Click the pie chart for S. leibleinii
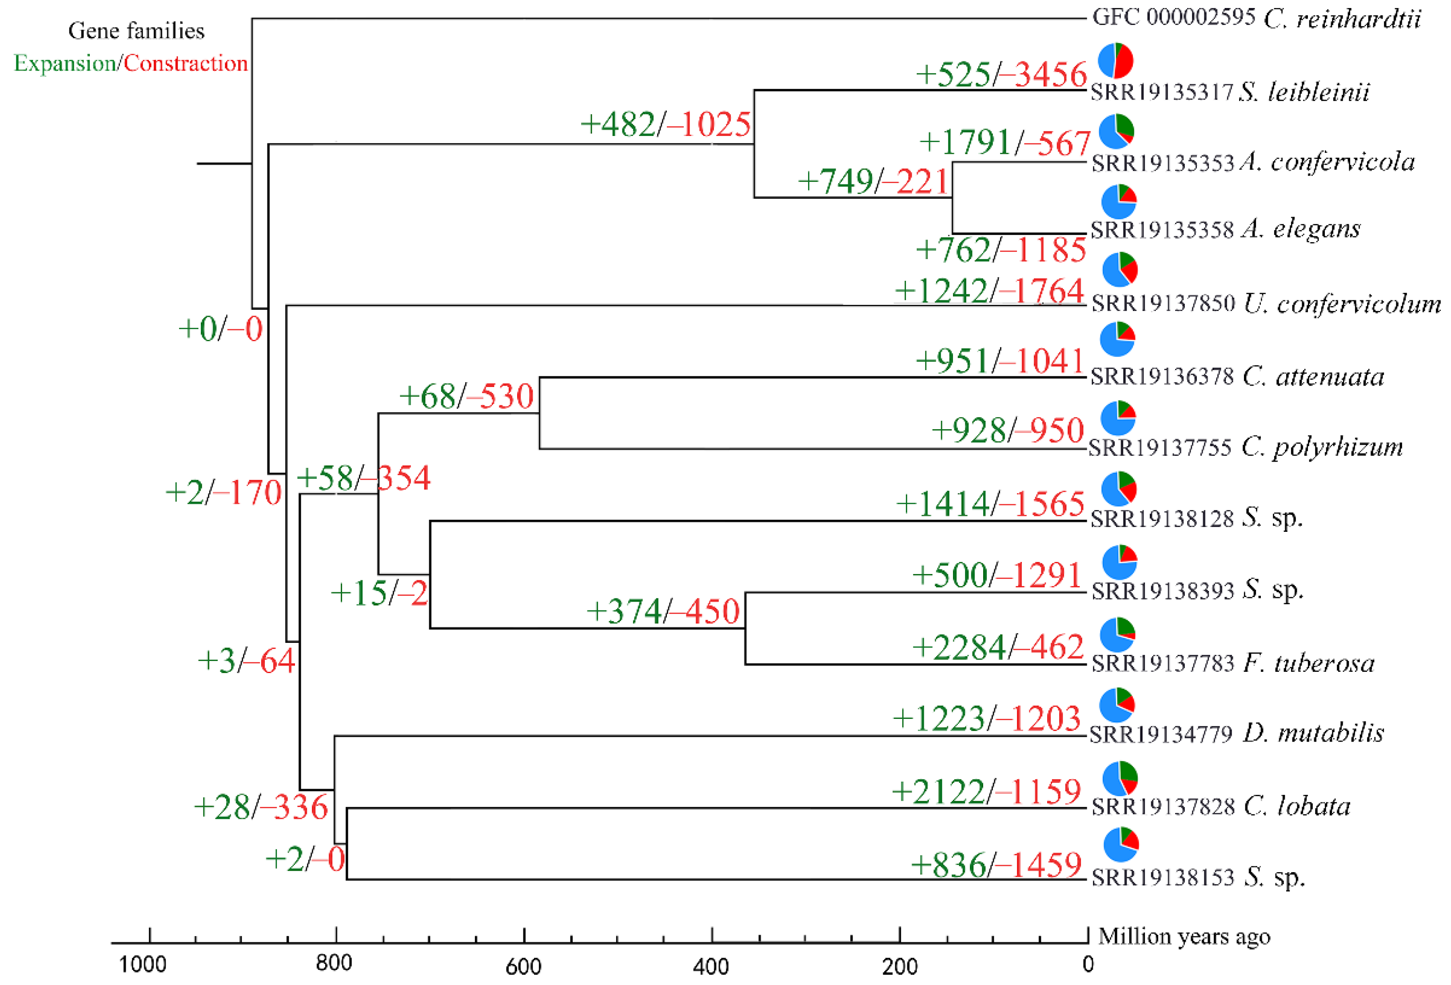tap(1115, 60)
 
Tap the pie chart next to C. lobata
tap(1120, 778)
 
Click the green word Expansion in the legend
tap(65, 64)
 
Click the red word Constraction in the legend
tap(185, 64)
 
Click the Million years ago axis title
tap(1184, 936)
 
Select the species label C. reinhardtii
tap(1342, 19)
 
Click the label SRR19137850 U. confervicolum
tap(1266, 304)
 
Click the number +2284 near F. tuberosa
tap(958, 647)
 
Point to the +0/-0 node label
tap(220, 329)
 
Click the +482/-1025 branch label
tap(665, 124)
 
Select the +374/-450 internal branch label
tap(663, 611)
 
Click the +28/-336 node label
tap(260, 807)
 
